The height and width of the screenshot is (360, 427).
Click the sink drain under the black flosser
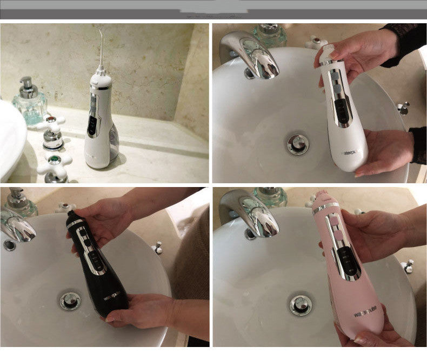pyautogui.click(x=70, y=301)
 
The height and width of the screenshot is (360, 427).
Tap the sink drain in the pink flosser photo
pyautogui.click(x=301, y=304)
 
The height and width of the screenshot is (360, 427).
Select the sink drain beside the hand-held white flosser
pyautogui.click(x=298, y=144)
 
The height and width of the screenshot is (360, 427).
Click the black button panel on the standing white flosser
pyautogui.click(x=92, y=123)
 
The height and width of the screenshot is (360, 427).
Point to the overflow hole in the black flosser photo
pyautogui.click(x=9, y=245)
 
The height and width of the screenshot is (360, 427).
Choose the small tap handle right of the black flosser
pyautogui.click(x=157, y=248)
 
